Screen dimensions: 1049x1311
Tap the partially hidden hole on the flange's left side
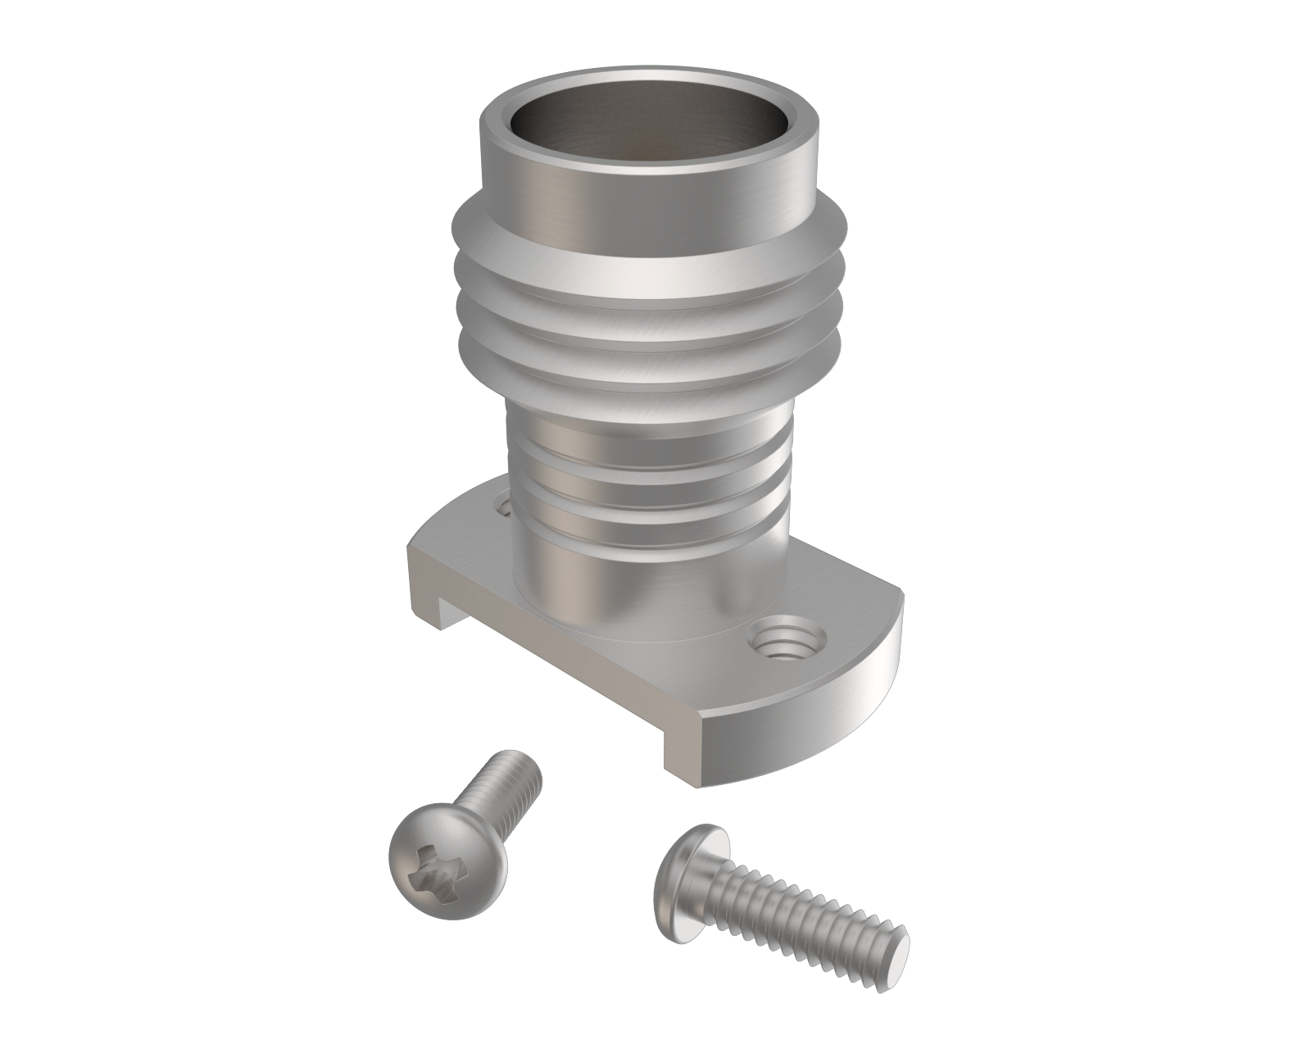click(x=501, y=502)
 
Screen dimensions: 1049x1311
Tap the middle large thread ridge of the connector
click(x=647, y=316)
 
